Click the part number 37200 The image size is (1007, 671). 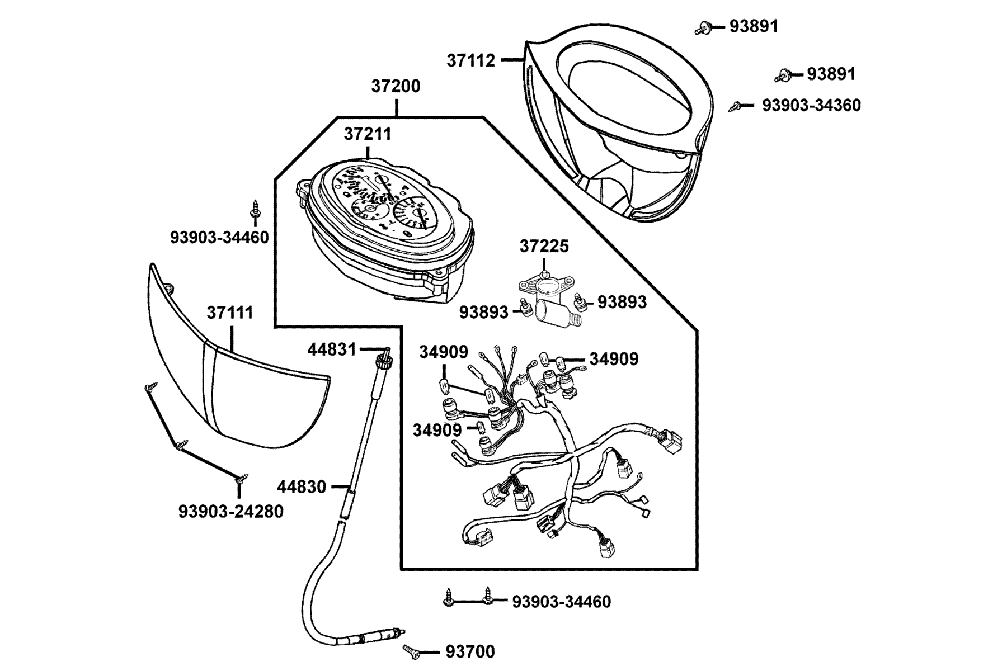[x=396, y=86]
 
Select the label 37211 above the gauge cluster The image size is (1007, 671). [x=368, y=134]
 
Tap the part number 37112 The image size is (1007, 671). [x=471, y=60]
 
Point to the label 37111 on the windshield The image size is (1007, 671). [x=230, y=313]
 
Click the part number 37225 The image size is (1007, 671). [x=544, y=246]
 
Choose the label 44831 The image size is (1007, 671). [x=332, y=349]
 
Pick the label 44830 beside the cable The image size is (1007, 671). [x=302, y=487]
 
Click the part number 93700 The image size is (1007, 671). [x=470, y=651]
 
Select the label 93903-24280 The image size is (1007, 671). [x=231, y=511]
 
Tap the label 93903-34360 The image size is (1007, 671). [x=812, y=105]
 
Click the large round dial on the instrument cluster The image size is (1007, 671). [x=412, y=215]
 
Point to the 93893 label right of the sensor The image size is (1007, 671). [x=622, y=302]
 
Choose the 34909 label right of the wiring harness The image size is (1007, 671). [x=614, y=358]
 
